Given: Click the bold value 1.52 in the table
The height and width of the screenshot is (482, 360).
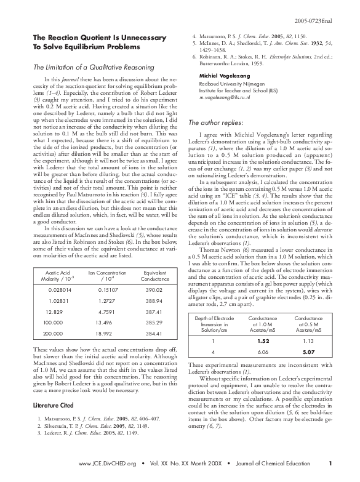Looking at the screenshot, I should click(263, 340).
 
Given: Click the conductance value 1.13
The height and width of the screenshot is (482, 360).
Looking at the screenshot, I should click(308, 340).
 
